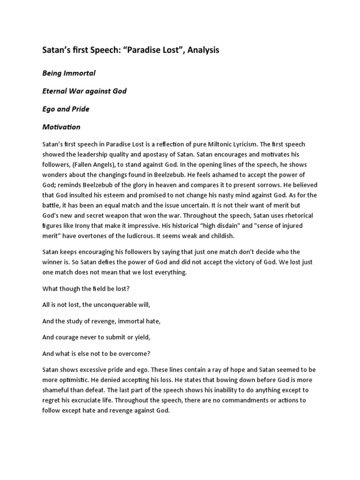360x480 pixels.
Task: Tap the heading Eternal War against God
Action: tap(84, 91)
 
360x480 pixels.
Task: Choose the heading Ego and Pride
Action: tap(66, 109)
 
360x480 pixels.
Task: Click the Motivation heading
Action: tap(61, 127)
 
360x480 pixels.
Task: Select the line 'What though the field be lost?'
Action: tap(86, 289)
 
